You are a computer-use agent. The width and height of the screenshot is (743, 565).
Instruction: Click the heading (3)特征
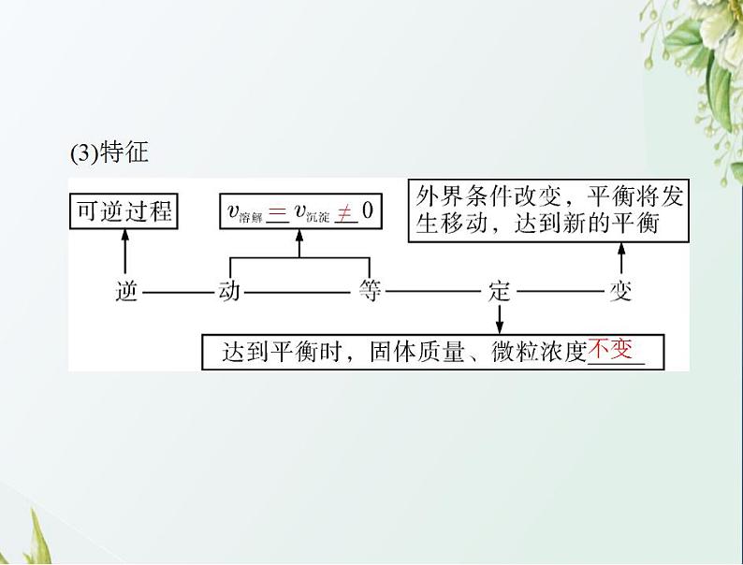[109, 152]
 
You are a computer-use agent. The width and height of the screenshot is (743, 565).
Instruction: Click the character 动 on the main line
[229, 291]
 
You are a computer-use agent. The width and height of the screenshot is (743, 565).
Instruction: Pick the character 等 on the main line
[370, 291]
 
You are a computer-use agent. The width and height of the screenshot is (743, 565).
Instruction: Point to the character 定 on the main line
[500, 291]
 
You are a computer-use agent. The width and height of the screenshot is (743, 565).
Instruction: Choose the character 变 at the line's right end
[621, 291]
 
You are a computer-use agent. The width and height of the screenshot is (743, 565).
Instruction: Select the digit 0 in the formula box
[368, 212]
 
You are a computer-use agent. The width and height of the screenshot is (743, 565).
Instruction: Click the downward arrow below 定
[500, 319]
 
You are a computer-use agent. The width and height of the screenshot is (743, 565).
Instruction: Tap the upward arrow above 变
[621, 259]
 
